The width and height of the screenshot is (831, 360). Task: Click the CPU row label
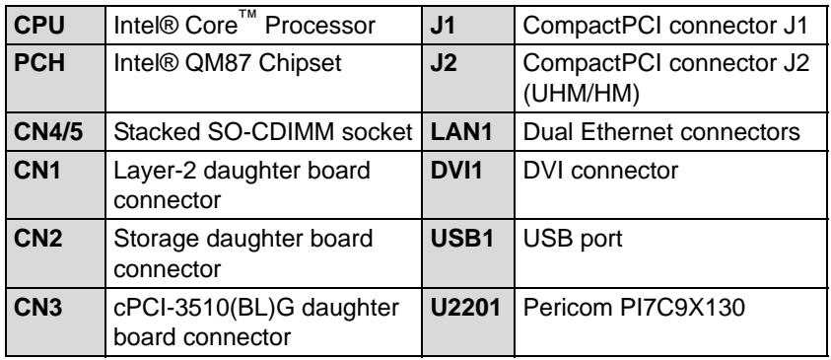click(39, 26)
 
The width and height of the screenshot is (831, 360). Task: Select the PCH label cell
click(39, 63)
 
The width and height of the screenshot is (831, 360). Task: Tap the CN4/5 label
click(48, 132)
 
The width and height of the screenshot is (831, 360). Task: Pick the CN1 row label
click(37, 171)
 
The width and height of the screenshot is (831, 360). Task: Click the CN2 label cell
click(37, 239)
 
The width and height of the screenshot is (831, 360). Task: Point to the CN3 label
click(37, 308)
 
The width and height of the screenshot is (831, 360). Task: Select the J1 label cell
click(443, 26)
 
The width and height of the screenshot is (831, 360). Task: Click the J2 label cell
click(443, 63)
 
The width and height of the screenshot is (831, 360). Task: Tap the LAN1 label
click(461, 132)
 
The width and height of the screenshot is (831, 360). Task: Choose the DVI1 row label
click(456, 171)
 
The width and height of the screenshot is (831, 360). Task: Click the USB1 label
click(461, 239)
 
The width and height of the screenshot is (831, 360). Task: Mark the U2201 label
click(465, 308)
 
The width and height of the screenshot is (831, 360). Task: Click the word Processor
click(320, 26)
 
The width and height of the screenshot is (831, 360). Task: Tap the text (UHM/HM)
click(581, 95)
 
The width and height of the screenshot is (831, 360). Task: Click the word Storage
click(157, 240)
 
